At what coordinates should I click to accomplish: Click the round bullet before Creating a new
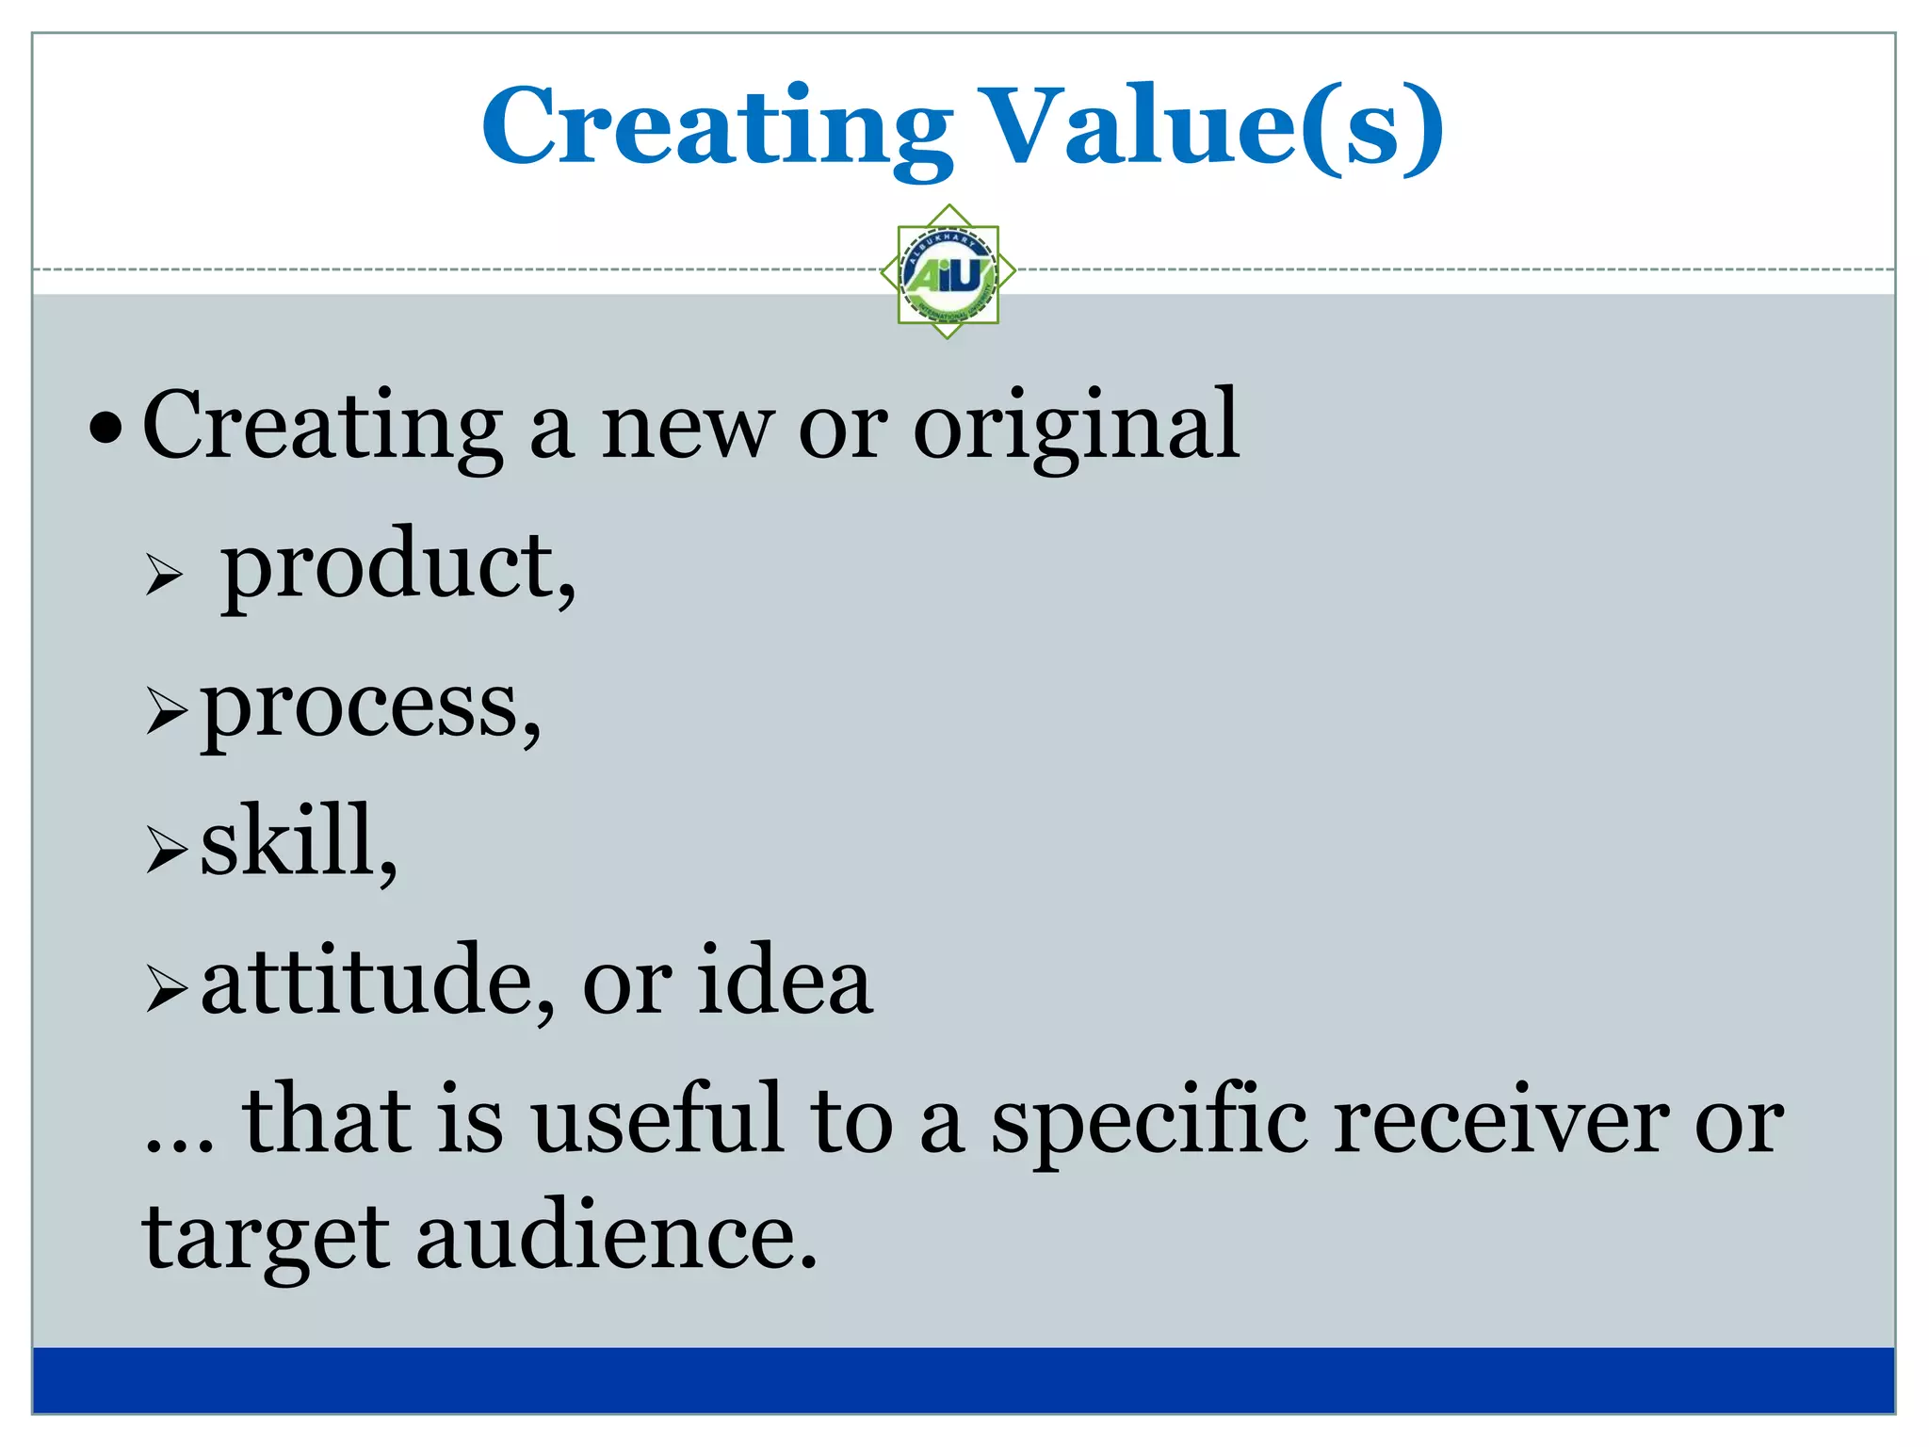pos(105,430)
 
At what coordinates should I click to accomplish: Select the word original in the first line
pos(1076,426)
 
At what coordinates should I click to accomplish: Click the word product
pos(396,565)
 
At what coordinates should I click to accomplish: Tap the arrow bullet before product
pos(164,574)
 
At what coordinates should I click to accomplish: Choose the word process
pos(369,707)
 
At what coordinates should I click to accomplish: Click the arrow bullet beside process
pos(167,712)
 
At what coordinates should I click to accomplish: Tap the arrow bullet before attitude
pos(167,990)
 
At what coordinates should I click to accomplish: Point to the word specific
pos(1149,1121)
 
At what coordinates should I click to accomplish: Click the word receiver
pos(1501,1121)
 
